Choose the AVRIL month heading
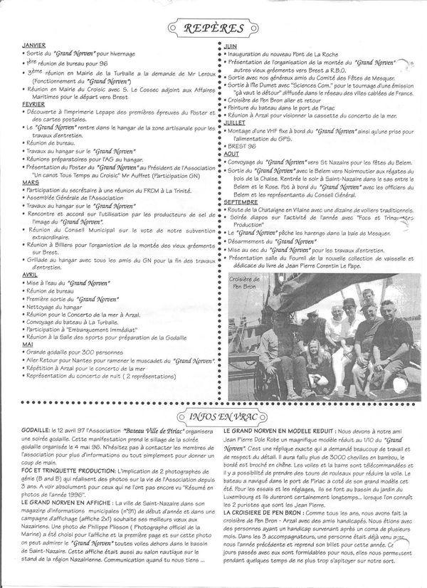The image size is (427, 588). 29,274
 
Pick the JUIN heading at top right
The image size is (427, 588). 230,46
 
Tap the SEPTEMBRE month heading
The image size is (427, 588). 241,203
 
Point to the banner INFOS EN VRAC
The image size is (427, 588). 213,415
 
